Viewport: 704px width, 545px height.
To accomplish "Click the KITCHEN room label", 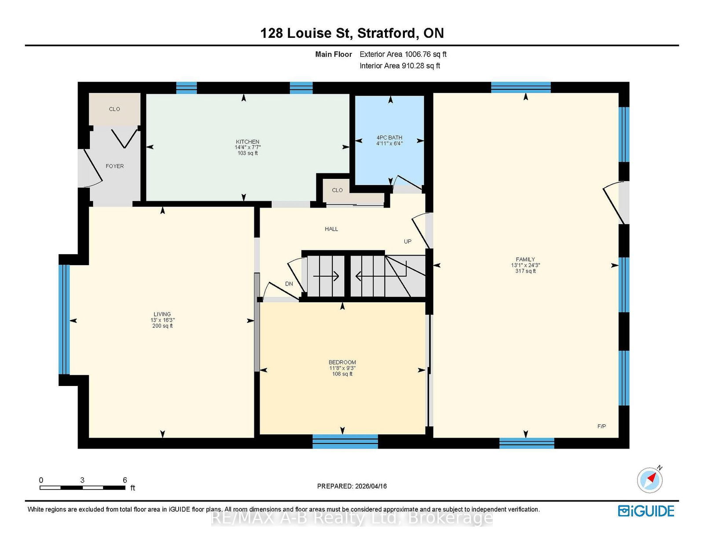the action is [x=248, y=142].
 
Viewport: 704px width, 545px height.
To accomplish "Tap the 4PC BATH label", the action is [x=389, y=137].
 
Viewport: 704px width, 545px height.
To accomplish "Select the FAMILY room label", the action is [x=525, y=259].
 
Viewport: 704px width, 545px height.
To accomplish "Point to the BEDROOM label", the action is [x=342, y=362].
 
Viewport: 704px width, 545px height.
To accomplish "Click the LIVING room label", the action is [x=162, y=314].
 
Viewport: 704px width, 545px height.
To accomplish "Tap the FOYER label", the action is [x=115, y=166].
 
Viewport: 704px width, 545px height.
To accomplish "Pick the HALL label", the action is [x=331, y=229].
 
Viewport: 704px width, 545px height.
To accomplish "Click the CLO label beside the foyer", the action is [x=114, y=109].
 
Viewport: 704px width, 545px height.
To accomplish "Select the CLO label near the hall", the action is [x=337, y=190].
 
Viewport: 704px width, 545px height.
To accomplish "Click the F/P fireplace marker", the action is [x=601, y=426].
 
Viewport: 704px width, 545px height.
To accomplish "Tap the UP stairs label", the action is [x=407, y=241].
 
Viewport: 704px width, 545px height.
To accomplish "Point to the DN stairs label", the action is [x=289, y=284].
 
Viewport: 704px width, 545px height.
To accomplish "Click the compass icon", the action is [x=649, y=480].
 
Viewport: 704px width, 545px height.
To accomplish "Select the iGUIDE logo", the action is [x=646, y=511].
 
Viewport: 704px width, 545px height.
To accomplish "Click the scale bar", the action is [x=83, y=488].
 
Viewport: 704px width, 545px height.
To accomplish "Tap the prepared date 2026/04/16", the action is [x=371, y=486].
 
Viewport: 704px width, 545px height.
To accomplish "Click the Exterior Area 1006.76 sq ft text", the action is [x=403, y=54].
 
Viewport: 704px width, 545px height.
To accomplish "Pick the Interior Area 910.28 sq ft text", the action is [x=400, y=66].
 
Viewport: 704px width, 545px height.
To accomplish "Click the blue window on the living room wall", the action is [x=64, y=319].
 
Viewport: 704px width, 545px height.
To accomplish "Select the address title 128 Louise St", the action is [x=306, y=33].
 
